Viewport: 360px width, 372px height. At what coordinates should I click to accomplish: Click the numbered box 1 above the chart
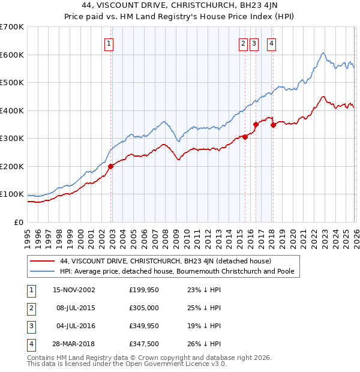[x=109, y=43]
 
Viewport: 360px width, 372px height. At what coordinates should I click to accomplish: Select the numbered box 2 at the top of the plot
[x=243, y=43]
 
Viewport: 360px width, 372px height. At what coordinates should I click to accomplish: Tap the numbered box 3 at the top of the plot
[x=254, y=43]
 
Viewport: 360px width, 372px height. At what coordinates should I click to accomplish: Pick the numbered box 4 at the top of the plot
[x=272, y=43]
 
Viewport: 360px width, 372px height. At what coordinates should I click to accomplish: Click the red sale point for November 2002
[x=111, y=166]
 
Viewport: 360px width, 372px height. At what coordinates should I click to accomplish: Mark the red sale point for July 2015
[x=245, y=137]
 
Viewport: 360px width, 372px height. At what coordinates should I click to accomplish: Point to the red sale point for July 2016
[x=256, y=124]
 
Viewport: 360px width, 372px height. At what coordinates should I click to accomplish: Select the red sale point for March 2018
[x=274, y=125]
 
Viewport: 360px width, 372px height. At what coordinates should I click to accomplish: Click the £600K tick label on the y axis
[x=12, y=55]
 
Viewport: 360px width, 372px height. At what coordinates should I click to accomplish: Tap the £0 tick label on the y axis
[x=19, y=222]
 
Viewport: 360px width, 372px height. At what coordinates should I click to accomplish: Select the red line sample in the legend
[x=43, y=261]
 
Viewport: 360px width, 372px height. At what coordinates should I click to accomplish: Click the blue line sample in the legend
[x=43, y=272]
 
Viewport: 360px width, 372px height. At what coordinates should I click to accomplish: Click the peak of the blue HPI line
[x=323, y=53]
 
